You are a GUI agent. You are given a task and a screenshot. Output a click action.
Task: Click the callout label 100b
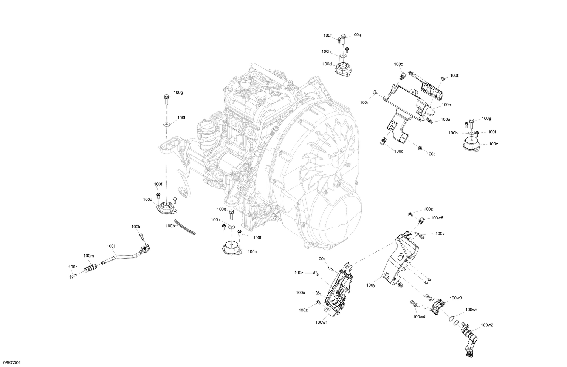(170, 226)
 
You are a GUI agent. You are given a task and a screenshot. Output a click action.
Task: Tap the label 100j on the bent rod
(111, 246)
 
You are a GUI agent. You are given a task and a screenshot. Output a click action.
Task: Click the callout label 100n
(73, 267)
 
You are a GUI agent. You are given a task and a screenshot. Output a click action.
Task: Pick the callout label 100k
(136, 227)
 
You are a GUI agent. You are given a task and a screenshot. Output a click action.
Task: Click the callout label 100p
(446, 105)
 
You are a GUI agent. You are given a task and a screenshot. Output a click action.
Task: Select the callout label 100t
(454, 76)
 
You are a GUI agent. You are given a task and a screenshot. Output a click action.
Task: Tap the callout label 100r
(364, 102)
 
